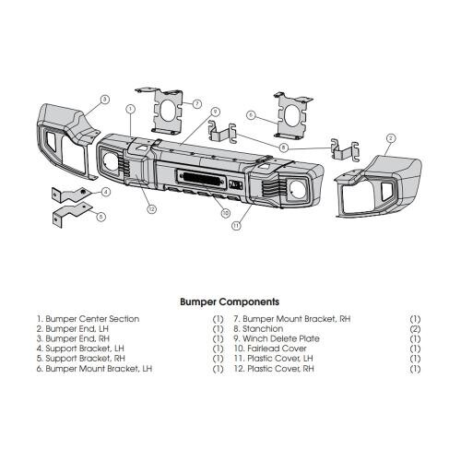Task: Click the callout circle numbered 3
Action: tap(105, 100)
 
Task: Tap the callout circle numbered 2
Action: tap(390, 138)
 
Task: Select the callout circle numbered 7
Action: tap(196, 103)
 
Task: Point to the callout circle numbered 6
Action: tap(251, 115)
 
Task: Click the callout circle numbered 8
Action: tap(283, 148)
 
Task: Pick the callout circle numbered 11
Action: tap(236, 226)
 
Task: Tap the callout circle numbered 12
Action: tap(151, 209)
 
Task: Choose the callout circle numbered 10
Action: tap(226, 213)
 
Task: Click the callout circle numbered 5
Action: tap(100, 217)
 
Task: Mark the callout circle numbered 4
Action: tap(106, 192)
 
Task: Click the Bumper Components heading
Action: tap(230, 301)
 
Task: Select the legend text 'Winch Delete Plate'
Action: tap(281, 338)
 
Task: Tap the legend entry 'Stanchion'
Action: tap(263, 329)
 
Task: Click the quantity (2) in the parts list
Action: tap(415, 329)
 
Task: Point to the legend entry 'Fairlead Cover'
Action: tap(277, 349)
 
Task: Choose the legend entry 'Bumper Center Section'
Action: tap(92, 319)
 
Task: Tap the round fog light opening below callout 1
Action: tap(111, 162)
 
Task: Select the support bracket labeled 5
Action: tap(71, 215)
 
